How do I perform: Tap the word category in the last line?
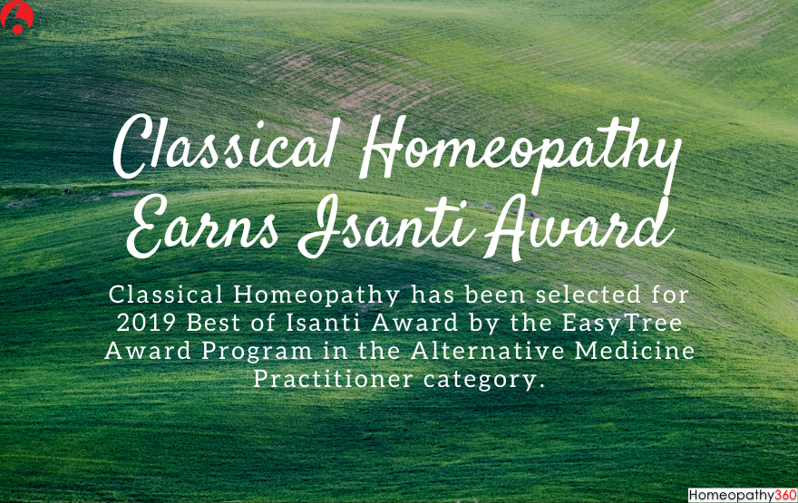point(485,379)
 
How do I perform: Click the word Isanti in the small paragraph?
point(309,322)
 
